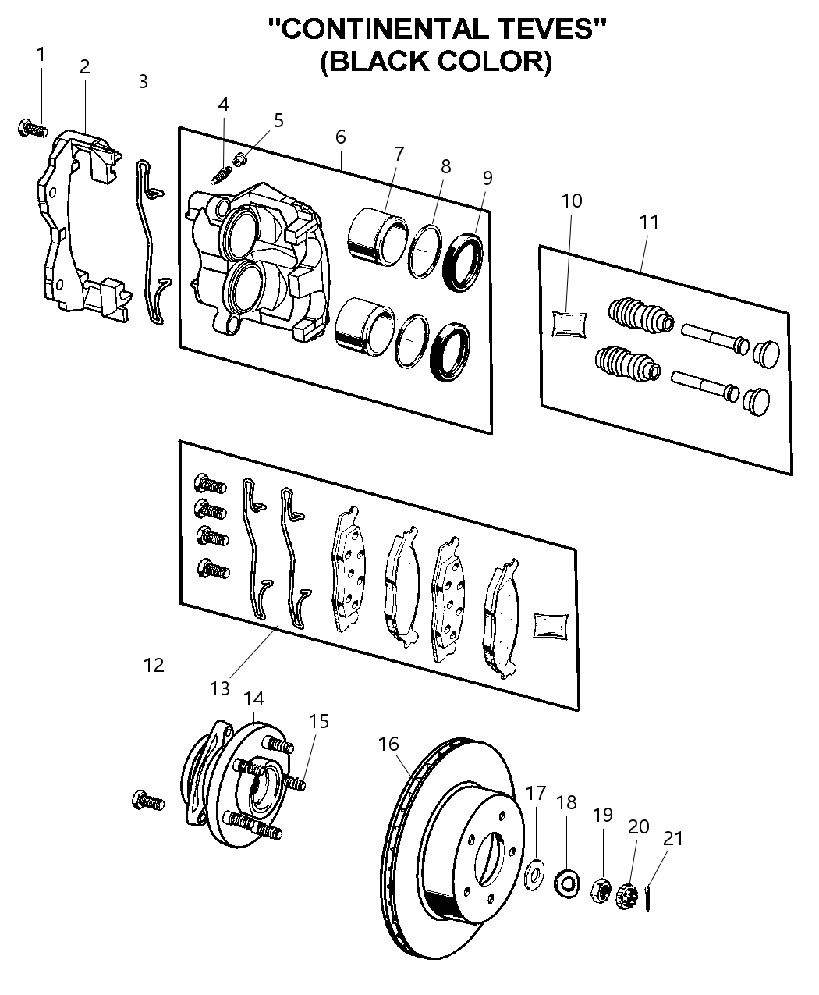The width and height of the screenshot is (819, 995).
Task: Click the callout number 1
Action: tap(41, 55)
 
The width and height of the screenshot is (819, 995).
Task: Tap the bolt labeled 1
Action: tap(31, 127)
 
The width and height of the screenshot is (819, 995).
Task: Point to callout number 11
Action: tap(649, 222)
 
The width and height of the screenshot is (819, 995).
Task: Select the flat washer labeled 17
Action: tap(534, 872)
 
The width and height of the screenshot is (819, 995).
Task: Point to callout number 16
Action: tap(389, 744)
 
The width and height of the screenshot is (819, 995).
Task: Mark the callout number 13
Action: tap(220, 688)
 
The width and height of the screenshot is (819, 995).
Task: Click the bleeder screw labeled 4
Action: tap(221, 173)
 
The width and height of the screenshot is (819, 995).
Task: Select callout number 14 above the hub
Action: tap(254, 697)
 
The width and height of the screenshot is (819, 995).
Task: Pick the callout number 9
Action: tap(487, 178)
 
